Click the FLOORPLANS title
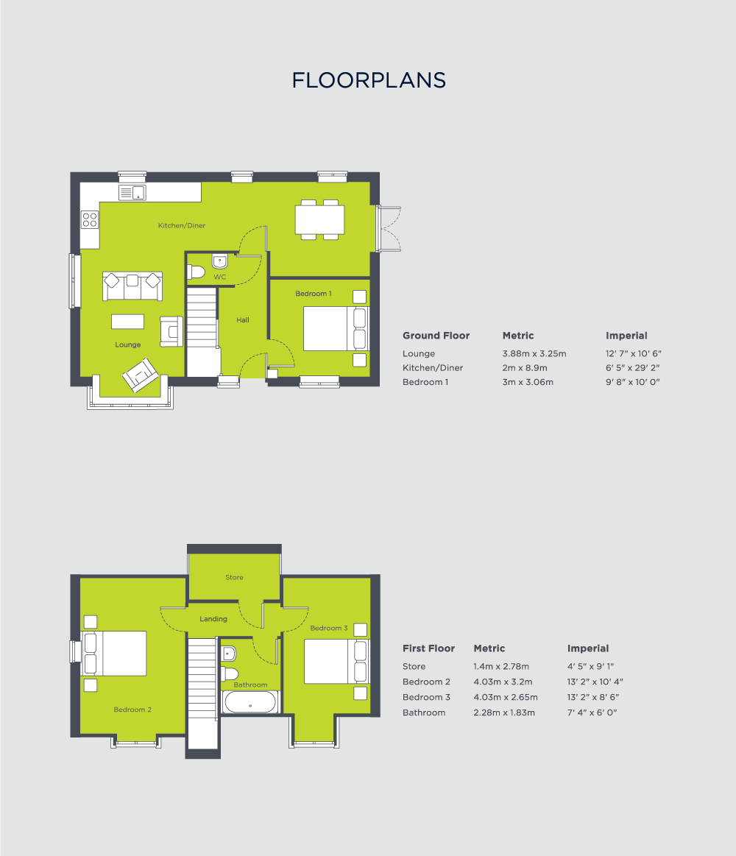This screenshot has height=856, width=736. [369, 80]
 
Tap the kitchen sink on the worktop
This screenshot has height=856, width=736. [132, 193]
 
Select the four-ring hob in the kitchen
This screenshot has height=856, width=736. [90, 219]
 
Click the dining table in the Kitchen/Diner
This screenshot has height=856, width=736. [320, 219]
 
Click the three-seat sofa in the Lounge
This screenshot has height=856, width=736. [132, 286]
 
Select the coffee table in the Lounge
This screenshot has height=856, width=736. [127, 322]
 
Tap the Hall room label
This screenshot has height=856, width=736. [242, 320]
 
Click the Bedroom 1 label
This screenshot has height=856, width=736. [314, 294]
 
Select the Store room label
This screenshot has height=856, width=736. [234, 578]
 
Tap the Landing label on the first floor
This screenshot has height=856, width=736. [213, 619]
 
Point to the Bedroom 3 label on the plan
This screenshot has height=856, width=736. [329, 628]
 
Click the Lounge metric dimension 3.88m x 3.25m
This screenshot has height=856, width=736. [534, 354]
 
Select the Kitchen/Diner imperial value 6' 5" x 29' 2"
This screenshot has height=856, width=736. [633, 368]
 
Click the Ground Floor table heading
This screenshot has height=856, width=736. [436, 336]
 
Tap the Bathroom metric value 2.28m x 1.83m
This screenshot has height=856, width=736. [504, 712]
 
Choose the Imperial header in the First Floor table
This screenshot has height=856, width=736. [588, 648]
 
